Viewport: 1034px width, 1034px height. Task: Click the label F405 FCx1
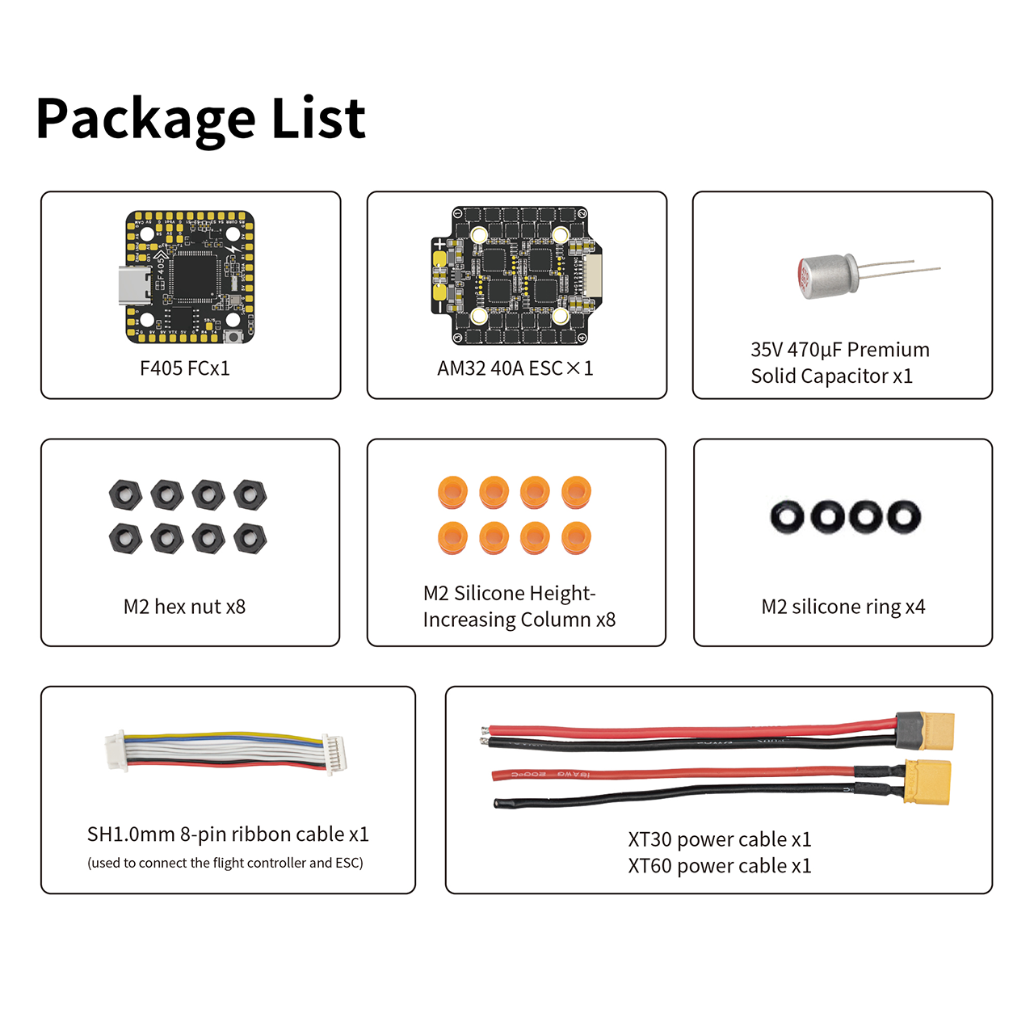pos(185,368)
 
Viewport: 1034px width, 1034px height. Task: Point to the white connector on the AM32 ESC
pos(592,275)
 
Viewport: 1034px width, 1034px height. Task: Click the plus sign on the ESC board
pos(439,244)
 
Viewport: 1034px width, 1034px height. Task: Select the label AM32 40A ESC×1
pos(515,368)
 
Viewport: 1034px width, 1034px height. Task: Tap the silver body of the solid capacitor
pos(827,277)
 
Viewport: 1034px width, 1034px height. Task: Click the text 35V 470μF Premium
pos(840,350)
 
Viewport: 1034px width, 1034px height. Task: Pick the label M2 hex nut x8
pos(185,607)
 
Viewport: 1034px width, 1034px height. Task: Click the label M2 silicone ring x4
pos(843,607)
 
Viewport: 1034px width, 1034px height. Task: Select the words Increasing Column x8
pos(519,620)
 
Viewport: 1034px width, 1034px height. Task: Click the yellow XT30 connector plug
pos(927,780)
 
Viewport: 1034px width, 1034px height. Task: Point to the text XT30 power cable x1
pos(720,839)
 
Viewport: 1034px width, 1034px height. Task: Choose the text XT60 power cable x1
pos(720,865)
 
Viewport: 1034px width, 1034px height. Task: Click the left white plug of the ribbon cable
pos(116,750)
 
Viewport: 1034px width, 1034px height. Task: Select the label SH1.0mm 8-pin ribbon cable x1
pos(228,834)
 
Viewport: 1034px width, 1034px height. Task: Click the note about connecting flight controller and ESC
pos(225,863)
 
